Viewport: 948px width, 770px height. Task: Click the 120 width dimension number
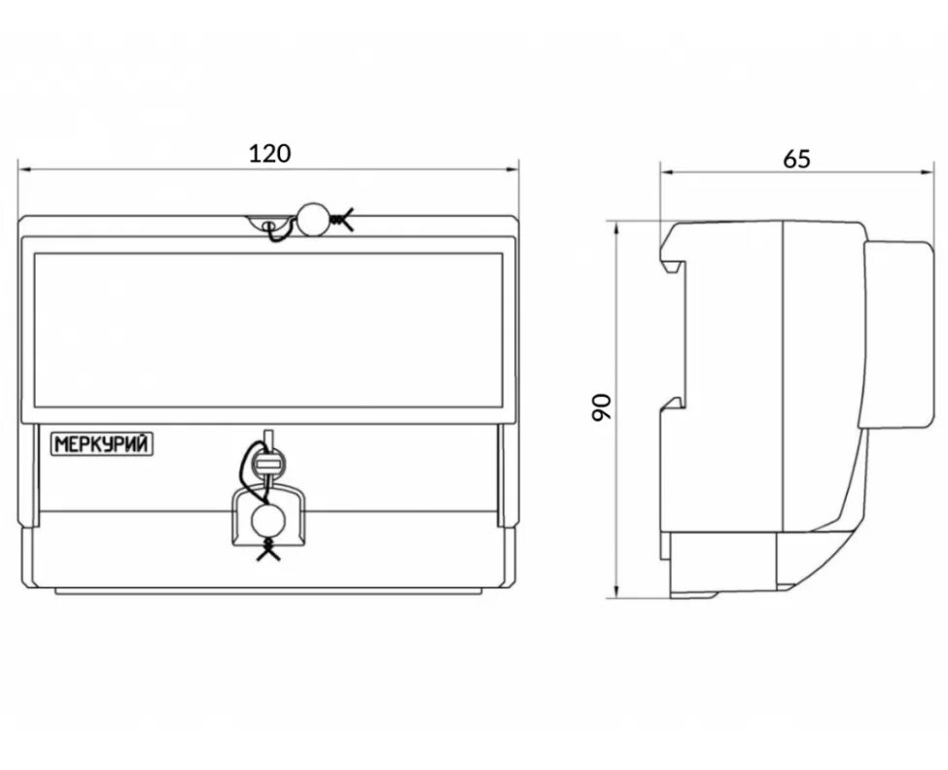coord(270,153)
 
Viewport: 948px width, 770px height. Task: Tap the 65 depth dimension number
coord(796,158)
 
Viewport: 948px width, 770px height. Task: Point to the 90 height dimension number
coord(602,406)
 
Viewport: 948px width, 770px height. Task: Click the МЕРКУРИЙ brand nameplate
coord(102,444)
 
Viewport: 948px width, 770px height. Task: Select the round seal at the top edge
coord(313,220)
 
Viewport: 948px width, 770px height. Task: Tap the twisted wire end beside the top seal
coord(340,221)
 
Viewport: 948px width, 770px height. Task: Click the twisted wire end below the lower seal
coord(267,552)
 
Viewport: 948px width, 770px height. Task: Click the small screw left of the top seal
coord(268,226)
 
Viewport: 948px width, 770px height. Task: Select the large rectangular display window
coord(267,330)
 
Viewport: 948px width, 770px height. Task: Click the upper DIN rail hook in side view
coord(672,257)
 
